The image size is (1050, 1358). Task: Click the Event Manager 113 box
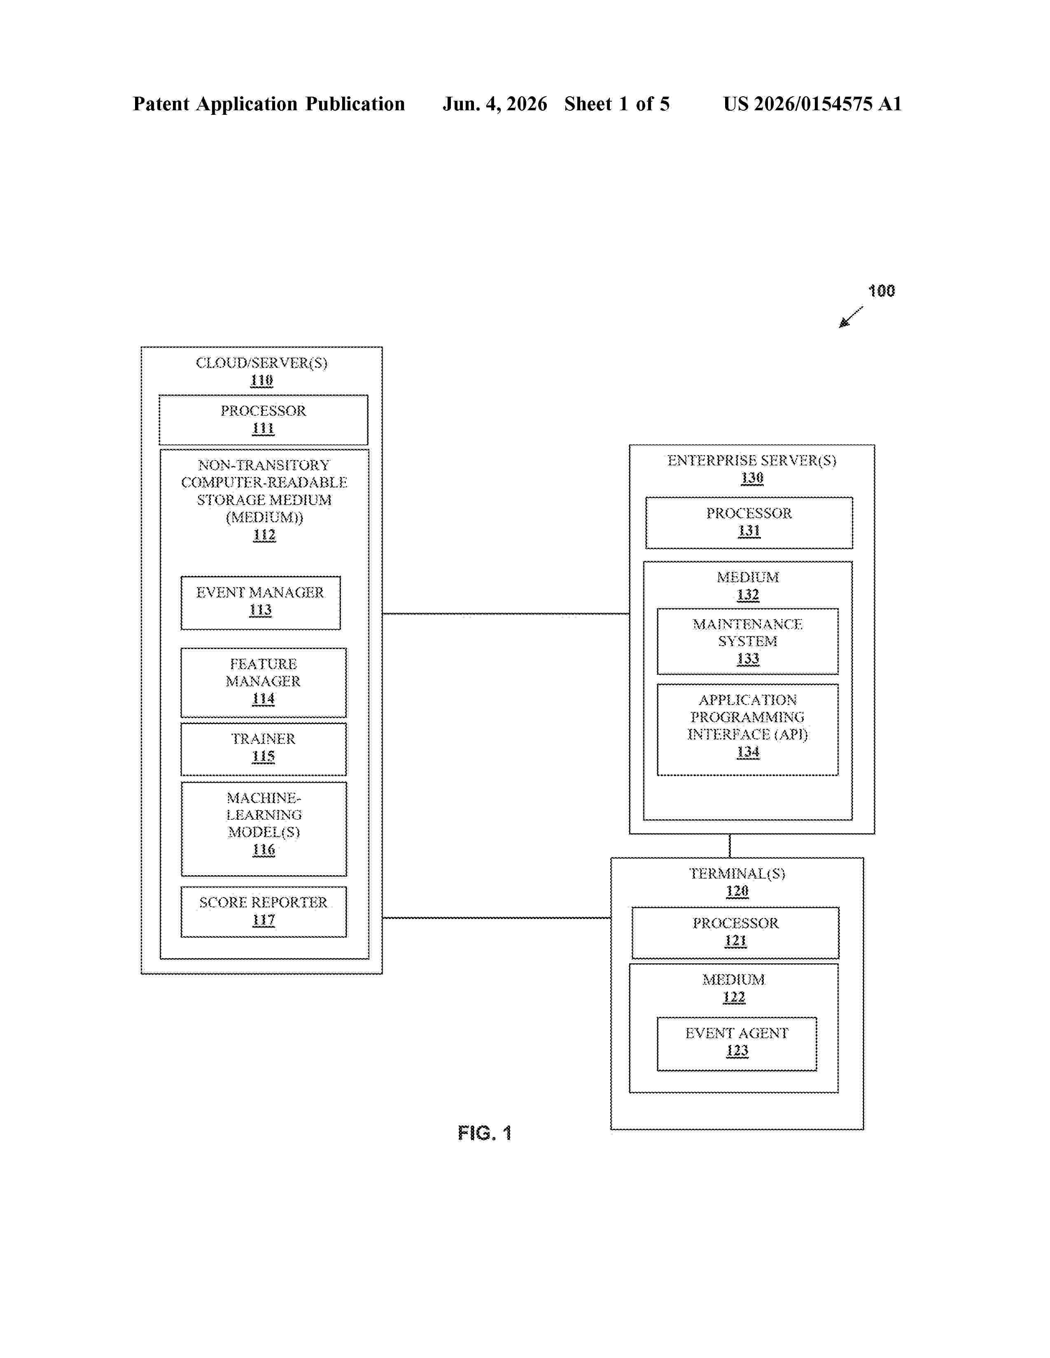pyautogui.click(x=261, y=602)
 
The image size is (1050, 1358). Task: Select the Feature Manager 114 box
pyautogui.click(x=264, y=682)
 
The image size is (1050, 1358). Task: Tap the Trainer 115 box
pyautogui.click(x=264, y=749)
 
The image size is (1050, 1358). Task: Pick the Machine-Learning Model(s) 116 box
pyautogui.click(x=264, y=829)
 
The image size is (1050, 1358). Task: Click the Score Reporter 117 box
pyautogui.click(x=264, y=912)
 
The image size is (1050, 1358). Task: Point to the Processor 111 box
pyautogui.click(x=263, y=420)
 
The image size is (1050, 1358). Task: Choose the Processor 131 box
pyautogui.click(x=749, y=522)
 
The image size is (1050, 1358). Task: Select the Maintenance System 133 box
pyautogui.click(x=748, y=641)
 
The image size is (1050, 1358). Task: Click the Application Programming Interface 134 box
pyautogui.click(x=748, y=729)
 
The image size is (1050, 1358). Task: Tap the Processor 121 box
pyautogui.click(x=735, y=932)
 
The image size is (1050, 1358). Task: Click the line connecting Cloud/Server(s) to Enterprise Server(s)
pyautogui.click(x=506, y=614)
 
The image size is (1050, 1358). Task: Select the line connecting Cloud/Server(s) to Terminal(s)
pyautogui.click(x=497, y=917)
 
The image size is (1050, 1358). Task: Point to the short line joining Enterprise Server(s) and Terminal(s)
pyautogui.click(x=730, y=846)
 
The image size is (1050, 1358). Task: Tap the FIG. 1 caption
pyautogui.click(x=485, y=1133)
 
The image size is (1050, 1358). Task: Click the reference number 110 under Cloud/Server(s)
pyautogui.click(x=262, y=381)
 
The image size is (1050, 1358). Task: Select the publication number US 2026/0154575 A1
pyautogui.click(x=812, y=104)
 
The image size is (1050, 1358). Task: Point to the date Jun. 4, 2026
pyautogui.click(x=495, y=104)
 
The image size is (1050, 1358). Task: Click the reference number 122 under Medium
pyautogui.click(x=734, y=998)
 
